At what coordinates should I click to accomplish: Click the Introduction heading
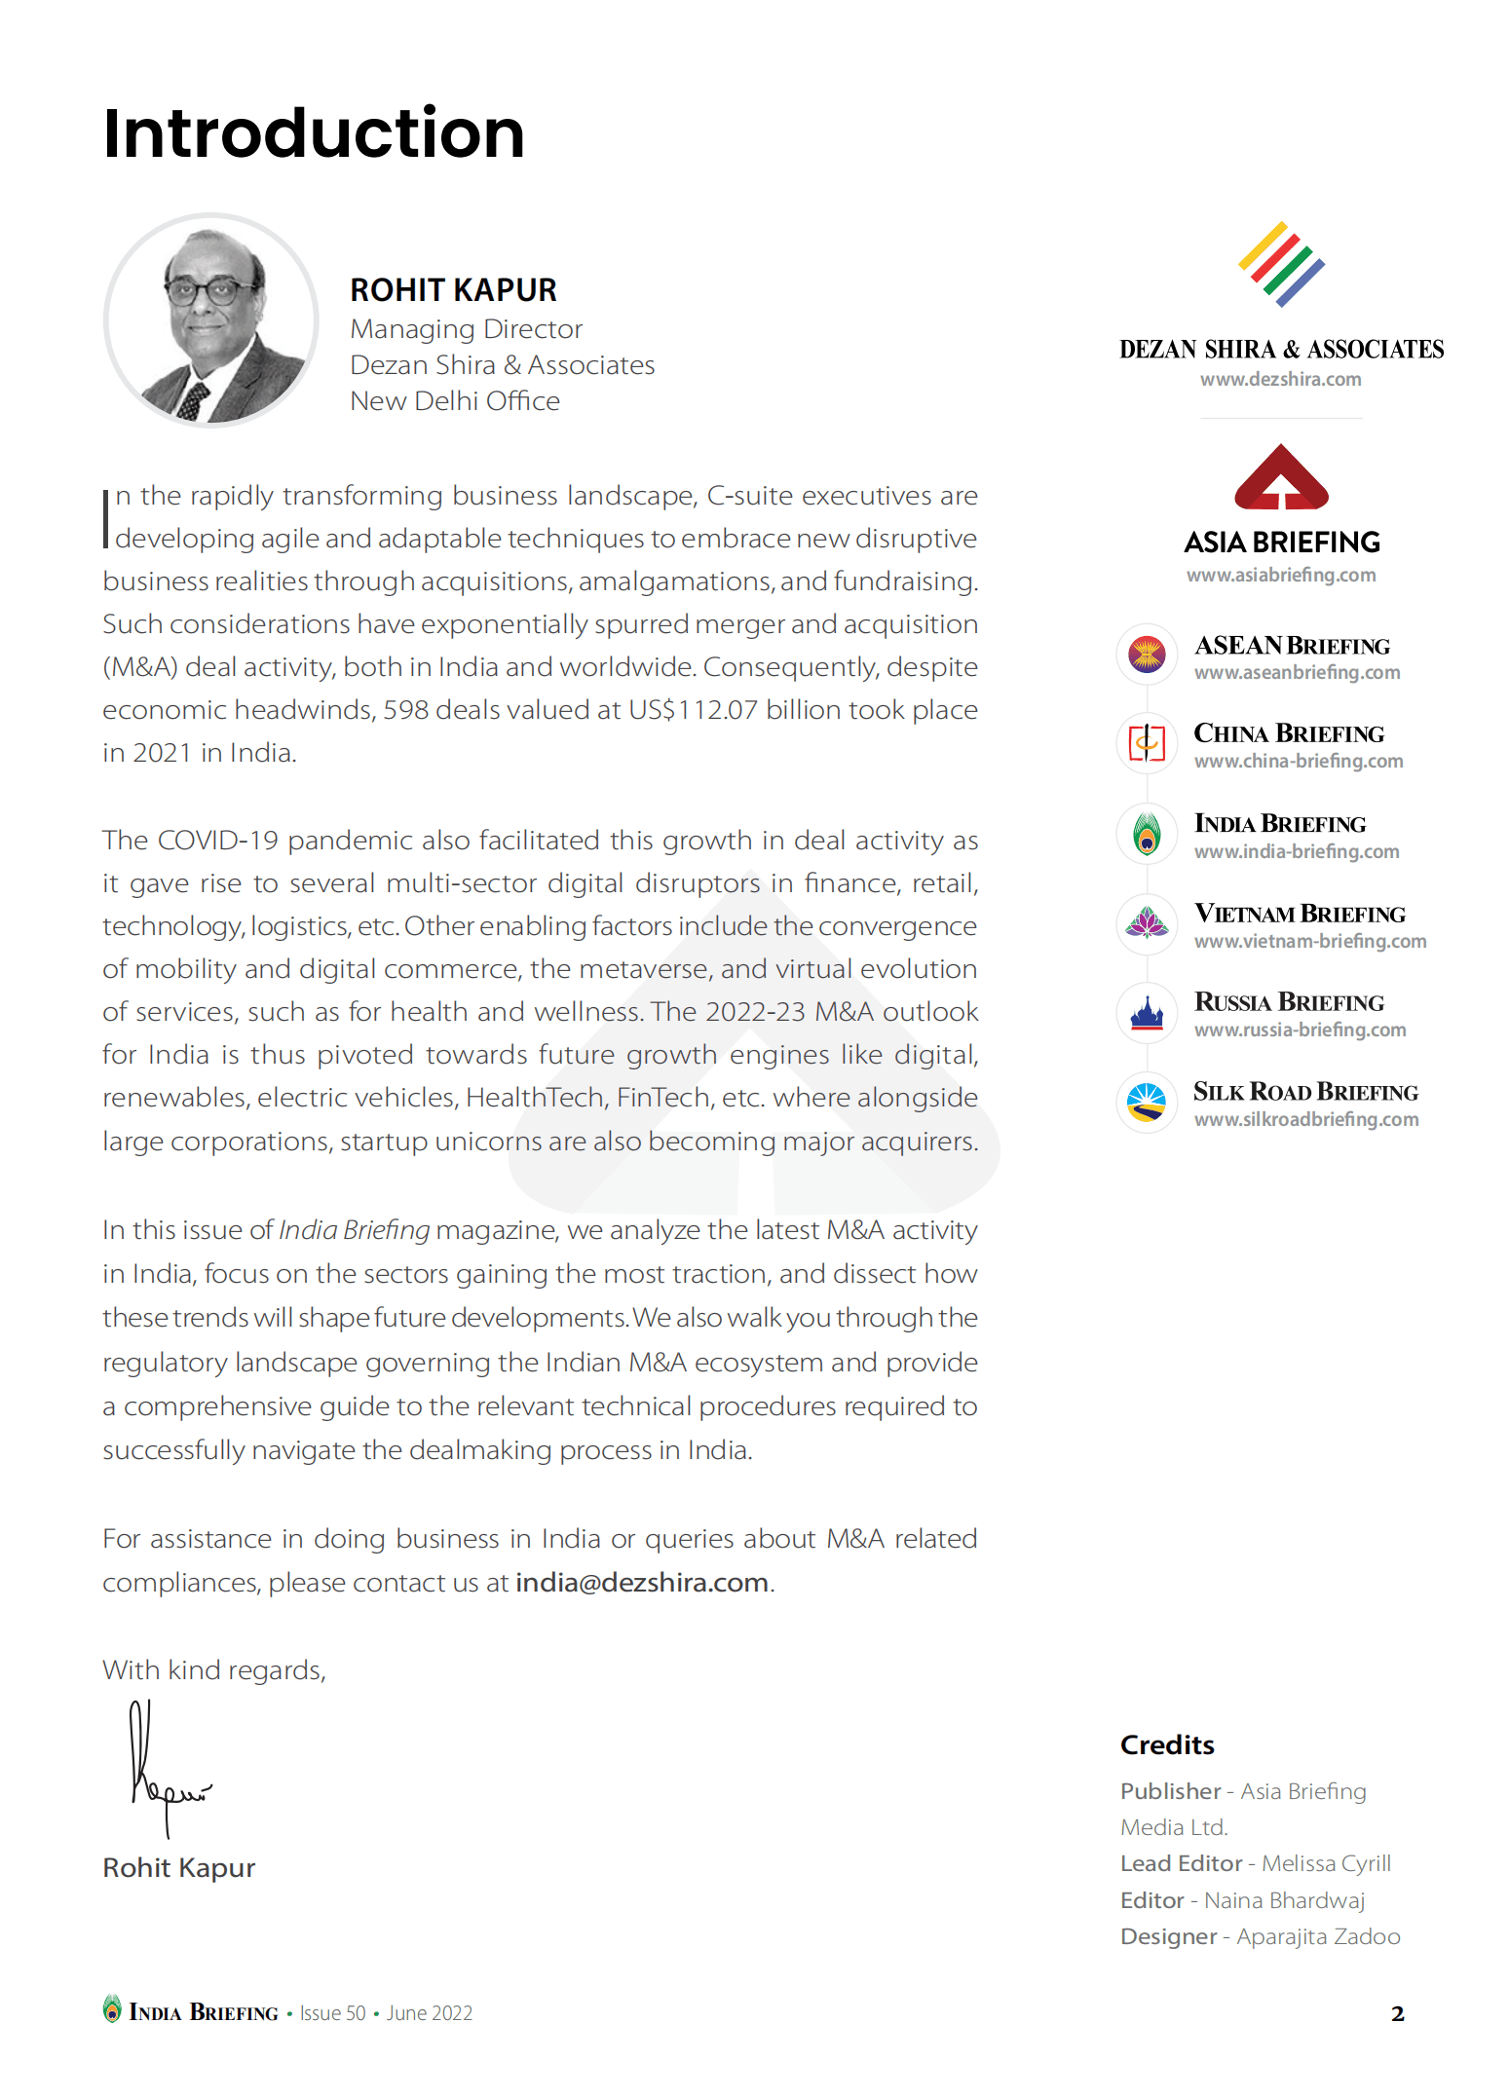tap(314, 133)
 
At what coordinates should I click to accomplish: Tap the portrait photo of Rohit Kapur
tap(211, 320)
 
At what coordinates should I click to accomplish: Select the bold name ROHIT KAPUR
tap(453, 290)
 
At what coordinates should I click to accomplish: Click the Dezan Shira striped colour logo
tap(1281, 264)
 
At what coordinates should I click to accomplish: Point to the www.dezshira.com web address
tap(1280, 380)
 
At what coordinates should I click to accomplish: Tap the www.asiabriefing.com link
tap(1281, 576)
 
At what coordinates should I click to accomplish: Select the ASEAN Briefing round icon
tap(1147, 654)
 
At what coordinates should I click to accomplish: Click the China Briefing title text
tap(1289, 733)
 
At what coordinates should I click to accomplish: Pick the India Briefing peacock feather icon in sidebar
tap(1147, 835)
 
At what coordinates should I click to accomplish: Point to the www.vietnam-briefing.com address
tap(1310, 942)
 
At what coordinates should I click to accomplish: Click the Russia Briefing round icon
tap(1147, 1013)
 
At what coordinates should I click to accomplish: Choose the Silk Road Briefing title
tap(1305, 1092)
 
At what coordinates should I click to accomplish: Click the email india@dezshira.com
tap(642, 1583)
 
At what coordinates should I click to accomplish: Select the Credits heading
tap(1167, 1744)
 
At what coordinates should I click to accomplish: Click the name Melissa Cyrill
tap(1326, 1863)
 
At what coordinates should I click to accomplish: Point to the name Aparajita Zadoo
tap(1318, 1936)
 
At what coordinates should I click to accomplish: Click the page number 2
tap(1398, 2013)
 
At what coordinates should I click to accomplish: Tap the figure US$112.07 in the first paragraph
tap(693, 710)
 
